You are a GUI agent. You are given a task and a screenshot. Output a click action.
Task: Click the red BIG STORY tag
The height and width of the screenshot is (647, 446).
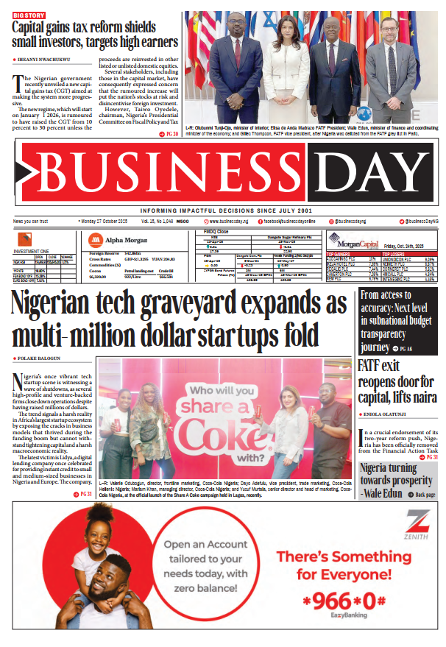[x=29, y=14]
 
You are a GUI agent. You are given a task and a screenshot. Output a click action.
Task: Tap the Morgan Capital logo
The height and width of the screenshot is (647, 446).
[x=353, y=238]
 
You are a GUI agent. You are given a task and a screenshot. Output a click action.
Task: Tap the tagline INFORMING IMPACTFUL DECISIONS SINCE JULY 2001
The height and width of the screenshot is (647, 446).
[x=223, y=210]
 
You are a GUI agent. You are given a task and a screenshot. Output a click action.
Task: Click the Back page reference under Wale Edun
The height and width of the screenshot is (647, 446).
[x=422, y=495]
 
